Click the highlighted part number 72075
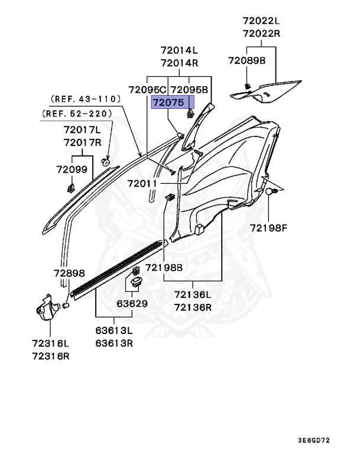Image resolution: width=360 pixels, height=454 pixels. pyautogui.click(x=168, y=102)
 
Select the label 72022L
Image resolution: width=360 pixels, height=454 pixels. pyautogui.click(x=261, y=21)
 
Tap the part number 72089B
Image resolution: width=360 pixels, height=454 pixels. pyautogui.click(x=247, y=60)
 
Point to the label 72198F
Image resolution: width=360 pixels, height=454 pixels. pyautogui.click(x=269, y=228)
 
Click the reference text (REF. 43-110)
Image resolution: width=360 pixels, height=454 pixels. pyautogui.click(x=86, y=99)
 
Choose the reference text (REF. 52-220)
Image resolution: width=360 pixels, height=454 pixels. pyautogui.click(x=77, y=113)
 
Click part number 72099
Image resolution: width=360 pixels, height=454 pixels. pyautogui.click(x=72, y=170)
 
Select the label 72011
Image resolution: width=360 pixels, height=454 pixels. pyautogui.click(x=142, y=184)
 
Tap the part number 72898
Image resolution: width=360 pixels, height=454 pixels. pyautogui.click(x=70, y=273)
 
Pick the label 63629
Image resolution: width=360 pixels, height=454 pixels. pyautogui.click(x=132, y=304)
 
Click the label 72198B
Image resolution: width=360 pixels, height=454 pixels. pyautogui.click(x=164, y=268)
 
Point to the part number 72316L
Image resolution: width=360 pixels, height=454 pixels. pyautogui.click(x=51, y=343)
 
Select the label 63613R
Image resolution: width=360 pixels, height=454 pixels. pyautogui.click(x=114, y=343)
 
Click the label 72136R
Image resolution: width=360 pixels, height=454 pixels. pyautogui.click(x=193, y=307)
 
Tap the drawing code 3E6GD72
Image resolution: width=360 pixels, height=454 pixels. pyautogui.click(x=314, y=440)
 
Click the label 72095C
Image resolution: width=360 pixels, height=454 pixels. pyautogui.click(x=147, y=90)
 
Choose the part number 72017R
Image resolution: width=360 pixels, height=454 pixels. pyautogui.click(x=83, y=142)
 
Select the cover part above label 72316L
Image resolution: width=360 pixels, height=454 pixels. pyautogui.click(x=48, y=308)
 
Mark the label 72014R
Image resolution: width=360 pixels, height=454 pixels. pyautogui.click(x=180, y=63)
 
